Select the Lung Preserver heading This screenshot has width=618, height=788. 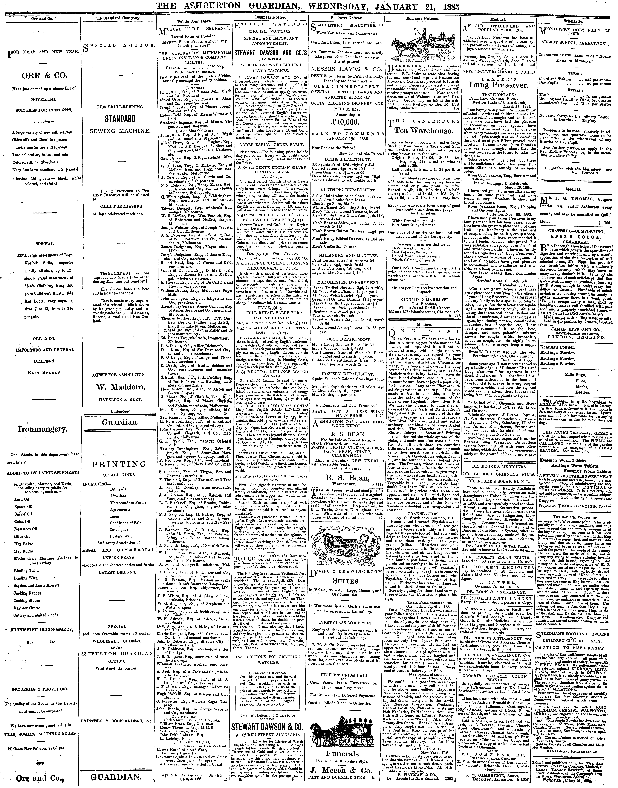[499, 85]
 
